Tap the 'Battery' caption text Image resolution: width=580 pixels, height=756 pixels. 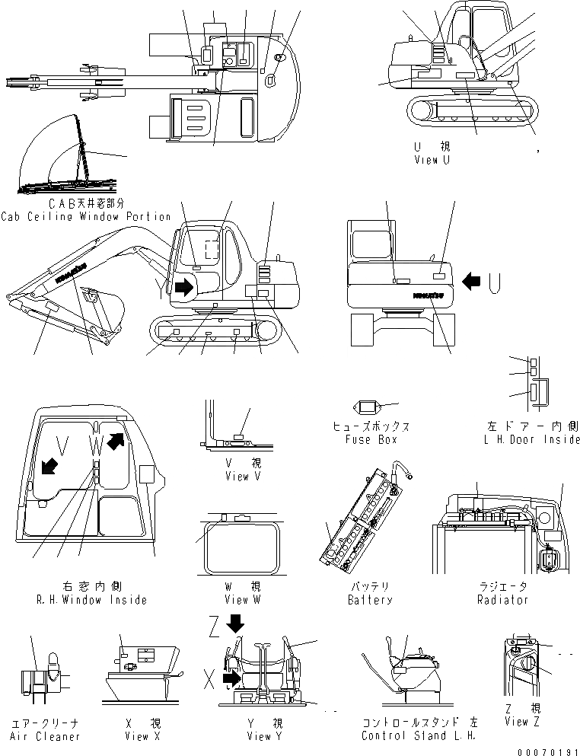pos(370,599)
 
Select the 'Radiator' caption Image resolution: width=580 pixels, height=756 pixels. pos(503,599)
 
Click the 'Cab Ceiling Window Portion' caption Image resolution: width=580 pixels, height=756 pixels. pos(86,216)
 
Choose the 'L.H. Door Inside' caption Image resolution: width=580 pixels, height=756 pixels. pos(531,439)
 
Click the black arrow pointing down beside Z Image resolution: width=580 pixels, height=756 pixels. pos(235,622)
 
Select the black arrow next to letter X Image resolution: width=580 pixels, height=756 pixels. pos(231,676)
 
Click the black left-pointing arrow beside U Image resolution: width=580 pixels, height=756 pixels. pos(472,282)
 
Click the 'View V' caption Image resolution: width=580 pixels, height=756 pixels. pos(243,476)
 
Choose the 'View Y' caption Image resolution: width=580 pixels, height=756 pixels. pos(264,736)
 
